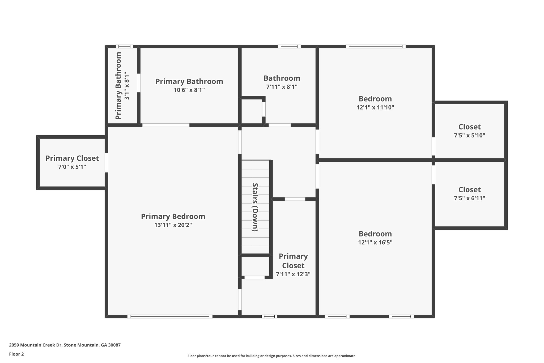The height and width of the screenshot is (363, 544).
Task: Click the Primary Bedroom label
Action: (x=173, y=216)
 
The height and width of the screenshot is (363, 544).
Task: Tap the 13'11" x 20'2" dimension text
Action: (x=173, y=225)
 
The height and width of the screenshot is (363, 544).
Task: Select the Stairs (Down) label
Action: (x=255, y=207)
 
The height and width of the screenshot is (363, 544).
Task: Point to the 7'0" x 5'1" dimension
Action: (x=72, y=167)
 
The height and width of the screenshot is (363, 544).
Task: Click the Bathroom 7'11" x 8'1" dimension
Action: (x=282, y=87)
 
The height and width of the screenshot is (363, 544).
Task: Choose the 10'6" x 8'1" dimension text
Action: (x=189, y=90)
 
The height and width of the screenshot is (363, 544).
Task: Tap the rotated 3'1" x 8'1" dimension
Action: (x=127, y=86)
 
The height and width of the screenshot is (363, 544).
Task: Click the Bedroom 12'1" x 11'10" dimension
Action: (x=375, y=107)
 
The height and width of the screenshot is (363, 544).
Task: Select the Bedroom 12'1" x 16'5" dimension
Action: (x=375, y=243)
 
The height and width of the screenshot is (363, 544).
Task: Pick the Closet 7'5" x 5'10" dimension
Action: (x=469, y=135)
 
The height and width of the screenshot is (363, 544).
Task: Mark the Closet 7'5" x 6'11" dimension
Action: (x=469, y=198)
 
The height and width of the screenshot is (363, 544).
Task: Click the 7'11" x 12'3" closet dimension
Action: (x=293, y=274)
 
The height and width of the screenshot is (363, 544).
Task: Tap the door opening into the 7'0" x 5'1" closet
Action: (x=106, y=162)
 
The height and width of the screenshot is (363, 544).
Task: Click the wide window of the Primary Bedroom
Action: (x=170, y=316)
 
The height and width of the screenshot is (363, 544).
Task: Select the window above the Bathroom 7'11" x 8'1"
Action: (x=289, y=46)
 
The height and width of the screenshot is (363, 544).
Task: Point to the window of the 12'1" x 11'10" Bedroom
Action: (x=376, y=46)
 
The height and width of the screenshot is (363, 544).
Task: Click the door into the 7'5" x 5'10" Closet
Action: (x=433, y=146)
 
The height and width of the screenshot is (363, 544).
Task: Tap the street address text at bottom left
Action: (x=65, y=345)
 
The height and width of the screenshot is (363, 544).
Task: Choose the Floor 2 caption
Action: (x=16, y=354)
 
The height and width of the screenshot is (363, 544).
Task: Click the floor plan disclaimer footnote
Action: (x=272, y=356)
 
